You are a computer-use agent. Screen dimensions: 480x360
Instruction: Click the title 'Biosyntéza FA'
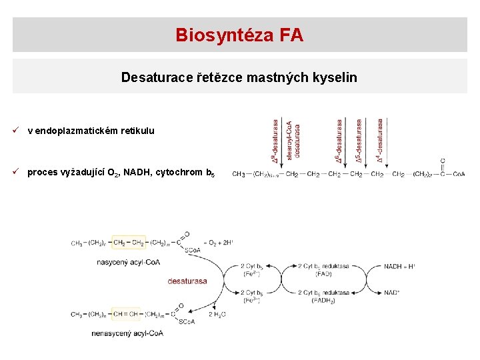click(x=239, y=35)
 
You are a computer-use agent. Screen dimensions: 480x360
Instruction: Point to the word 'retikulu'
click(x=137, y=131)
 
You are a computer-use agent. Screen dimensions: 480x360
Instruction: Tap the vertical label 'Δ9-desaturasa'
click(x=275, y=141)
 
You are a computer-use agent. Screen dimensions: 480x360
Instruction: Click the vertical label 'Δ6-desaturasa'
click(x=340, y=141)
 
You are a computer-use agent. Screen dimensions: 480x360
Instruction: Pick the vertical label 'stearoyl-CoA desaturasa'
click(x=293, y=140)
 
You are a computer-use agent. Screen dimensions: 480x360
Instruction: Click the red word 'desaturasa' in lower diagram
click(x=187, y=281)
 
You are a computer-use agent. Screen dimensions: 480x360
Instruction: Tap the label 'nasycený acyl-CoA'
click(x=123, y=262)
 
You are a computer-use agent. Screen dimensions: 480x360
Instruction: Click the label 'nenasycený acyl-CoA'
click(x=127, y=333)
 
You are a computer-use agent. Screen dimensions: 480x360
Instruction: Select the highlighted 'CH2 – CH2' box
click(x=129, y=243)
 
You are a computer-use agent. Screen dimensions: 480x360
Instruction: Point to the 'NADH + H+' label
click(x=399, y=266)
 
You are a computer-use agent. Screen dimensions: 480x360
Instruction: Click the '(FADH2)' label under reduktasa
click(x=323, y=301)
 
